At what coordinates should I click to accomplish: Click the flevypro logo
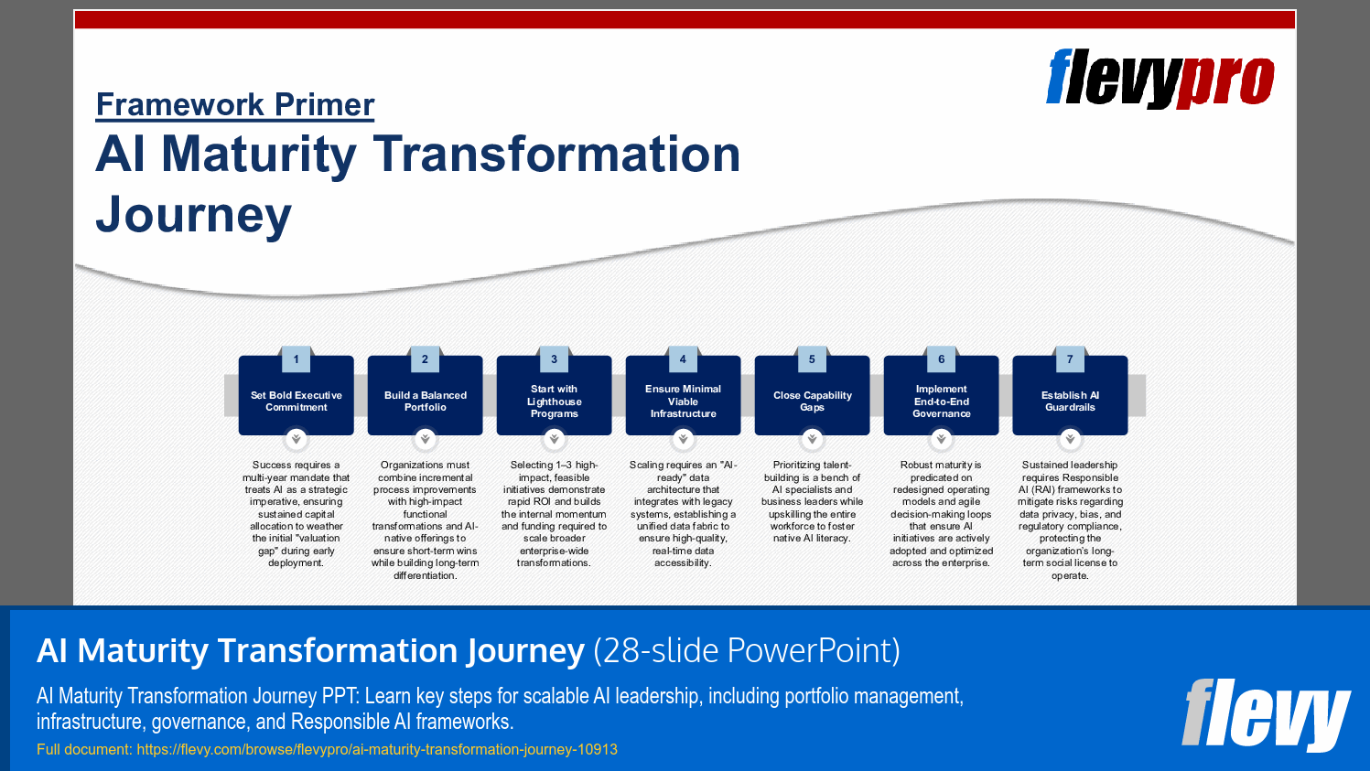[1160, 79]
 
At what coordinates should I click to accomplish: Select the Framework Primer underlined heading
[235, 104]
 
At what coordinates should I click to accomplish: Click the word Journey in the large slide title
[194, 215]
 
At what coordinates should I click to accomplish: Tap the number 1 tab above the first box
[296, 359]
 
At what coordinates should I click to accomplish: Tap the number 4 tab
[683, 359]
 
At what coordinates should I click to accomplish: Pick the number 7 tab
[1070, 359]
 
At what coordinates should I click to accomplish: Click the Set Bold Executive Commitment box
[296, 402]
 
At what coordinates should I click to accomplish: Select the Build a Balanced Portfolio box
[425, 402]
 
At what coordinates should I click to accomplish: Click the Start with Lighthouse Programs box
[554, 402]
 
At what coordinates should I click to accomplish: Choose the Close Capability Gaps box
[812, 402]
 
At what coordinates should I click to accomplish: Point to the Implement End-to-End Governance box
[941, 402]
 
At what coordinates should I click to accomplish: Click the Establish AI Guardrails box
[1070, 402]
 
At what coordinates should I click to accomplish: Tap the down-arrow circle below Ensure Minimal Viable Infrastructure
[683, 440]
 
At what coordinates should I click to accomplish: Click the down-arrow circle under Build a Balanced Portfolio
[425, 440]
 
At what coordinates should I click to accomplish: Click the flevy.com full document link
[376, 749]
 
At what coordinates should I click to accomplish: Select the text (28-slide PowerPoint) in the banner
[747, 651]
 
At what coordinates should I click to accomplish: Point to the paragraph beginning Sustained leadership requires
[1070, 519]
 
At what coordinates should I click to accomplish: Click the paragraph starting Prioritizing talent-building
[812, 502]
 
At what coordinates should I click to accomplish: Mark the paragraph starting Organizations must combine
[425, 519]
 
